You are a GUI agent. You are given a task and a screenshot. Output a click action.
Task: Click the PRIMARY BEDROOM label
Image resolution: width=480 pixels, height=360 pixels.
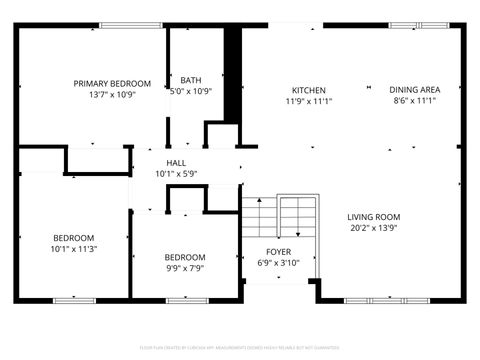point(112,83)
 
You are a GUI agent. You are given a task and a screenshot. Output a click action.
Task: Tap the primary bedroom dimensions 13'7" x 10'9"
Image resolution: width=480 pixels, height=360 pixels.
point(112,95)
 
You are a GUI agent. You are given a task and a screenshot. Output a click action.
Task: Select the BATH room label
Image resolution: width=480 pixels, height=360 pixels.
point(190,80)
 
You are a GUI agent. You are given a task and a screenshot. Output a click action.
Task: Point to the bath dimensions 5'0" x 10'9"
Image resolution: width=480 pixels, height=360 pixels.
point(190,91)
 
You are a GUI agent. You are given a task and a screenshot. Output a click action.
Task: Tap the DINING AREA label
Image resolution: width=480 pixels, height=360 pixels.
point(414,89)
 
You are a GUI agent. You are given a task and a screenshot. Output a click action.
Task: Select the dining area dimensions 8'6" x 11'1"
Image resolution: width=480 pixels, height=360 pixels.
point(414,101)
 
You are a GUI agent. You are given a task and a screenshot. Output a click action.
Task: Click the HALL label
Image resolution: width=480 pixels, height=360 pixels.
point(176,162)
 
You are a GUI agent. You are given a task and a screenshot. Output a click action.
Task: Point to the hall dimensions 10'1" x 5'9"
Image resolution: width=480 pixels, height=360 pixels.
point(176,174)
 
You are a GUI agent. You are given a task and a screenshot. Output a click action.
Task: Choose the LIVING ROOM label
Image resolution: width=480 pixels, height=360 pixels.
point(374,217)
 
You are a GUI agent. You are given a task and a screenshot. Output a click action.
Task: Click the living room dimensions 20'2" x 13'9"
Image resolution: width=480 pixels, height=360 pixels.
point(374,229)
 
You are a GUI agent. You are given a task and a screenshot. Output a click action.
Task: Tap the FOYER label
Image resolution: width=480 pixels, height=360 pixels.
point(278,251)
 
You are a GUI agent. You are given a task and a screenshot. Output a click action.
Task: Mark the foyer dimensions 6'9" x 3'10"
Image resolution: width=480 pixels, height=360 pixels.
point(278,263)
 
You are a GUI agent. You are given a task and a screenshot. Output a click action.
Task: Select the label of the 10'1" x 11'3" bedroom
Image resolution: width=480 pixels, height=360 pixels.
point(74,237)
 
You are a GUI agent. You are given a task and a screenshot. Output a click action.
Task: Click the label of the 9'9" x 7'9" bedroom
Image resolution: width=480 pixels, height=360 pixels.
point(185,256)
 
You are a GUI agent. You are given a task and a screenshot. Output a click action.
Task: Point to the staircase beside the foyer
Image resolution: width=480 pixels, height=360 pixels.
point(277,215)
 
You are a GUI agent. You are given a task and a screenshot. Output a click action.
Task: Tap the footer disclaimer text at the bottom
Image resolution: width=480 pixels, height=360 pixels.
point(240,349)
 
